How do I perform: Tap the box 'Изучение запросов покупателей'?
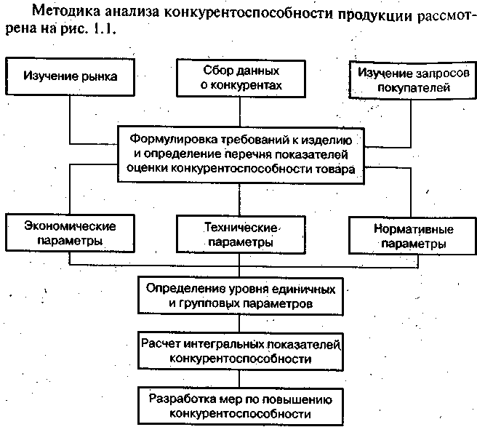[412, 79]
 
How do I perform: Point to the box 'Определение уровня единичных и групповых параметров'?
[239, 295]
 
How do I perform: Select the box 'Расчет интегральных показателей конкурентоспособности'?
[239, 351]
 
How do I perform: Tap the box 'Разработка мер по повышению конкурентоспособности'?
[239, 406]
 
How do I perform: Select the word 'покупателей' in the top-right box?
[412, 87]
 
